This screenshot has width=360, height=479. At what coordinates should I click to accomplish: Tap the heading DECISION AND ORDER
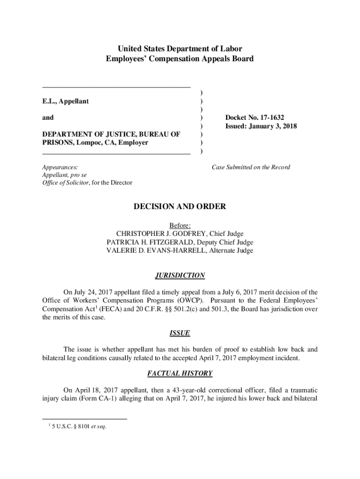(180, 206)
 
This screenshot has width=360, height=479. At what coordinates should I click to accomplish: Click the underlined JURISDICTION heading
(180, 276)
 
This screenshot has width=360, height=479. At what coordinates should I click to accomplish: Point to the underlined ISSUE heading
(180, 333)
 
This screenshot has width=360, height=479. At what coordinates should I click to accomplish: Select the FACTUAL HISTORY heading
(180, 373)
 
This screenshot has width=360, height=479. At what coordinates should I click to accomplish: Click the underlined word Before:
(180, 225)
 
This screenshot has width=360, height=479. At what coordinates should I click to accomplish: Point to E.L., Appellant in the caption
(65, 101)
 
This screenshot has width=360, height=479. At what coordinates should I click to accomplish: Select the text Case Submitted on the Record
(251, 167)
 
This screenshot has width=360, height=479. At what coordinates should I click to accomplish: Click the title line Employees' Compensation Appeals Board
(180, 59)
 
